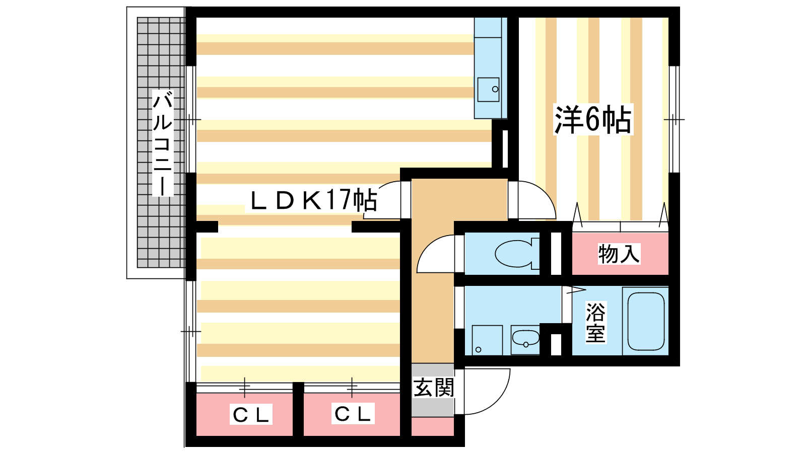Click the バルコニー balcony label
(x=163, y=143)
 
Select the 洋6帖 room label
(x=593, y=120)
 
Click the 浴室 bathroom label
(x=596, y=323)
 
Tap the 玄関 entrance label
(x=434, y=387)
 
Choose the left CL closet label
(x=251, y=415)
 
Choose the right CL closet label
(x=353, y=414)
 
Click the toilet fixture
(x=517, y=254)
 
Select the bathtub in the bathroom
(x=645, y=321)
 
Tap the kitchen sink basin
(x=488, y=90)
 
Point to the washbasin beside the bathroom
(x=526, y=339)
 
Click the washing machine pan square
(x=487, y=340)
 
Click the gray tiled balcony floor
(x=161, y=142)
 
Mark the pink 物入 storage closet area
(x=620, y=254)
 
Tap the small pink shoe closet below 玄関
(x=433, y=426)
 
